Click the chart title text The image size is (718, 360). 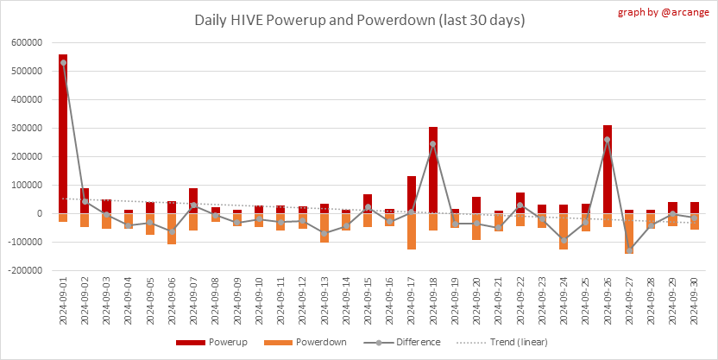pos(359,20)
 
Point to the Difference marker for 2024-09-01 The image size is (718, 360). pos(63,62)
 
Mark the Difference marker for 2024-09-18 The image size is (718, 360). pos(433,144)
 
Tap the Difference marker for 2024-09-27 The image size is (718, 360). pos(629,250)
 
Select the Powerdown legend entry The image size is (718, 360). pos(311,342)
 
